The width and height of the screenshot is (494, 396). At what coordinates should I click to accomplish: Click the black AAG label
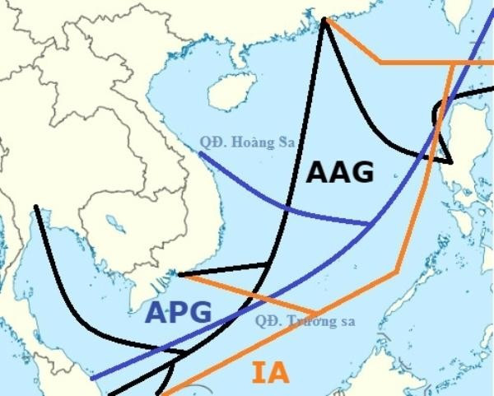pos(340,172)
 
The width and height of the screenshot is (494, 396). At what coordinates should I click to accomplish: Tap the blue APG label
pos(179,312)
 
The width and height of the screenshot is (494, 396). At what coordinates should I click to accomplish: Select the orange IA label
pos(270,373)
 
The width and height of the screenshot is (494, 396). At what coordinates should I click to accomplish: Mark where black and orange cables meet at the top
pos(325,20)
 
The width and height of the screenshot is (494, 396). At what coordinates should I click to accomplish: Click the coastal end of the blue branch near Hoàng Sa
pos(200,152)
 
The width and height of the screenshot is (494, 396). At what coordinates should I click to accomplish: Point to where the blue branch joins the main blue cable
pos(368,223)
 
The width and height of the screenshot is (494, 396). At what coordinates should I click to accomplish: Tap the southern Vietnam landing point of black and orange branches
pos(179,274)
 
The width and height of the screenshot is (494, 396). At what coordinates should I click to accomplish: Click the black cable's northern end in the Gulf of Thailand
pos(35,207)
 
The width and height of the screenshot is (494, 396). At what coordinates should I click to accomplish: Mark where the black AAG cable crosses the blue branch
pos(286,210)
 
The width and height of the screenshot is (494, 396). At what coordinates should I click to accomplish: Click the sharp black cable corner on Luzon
pos(450,159)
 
